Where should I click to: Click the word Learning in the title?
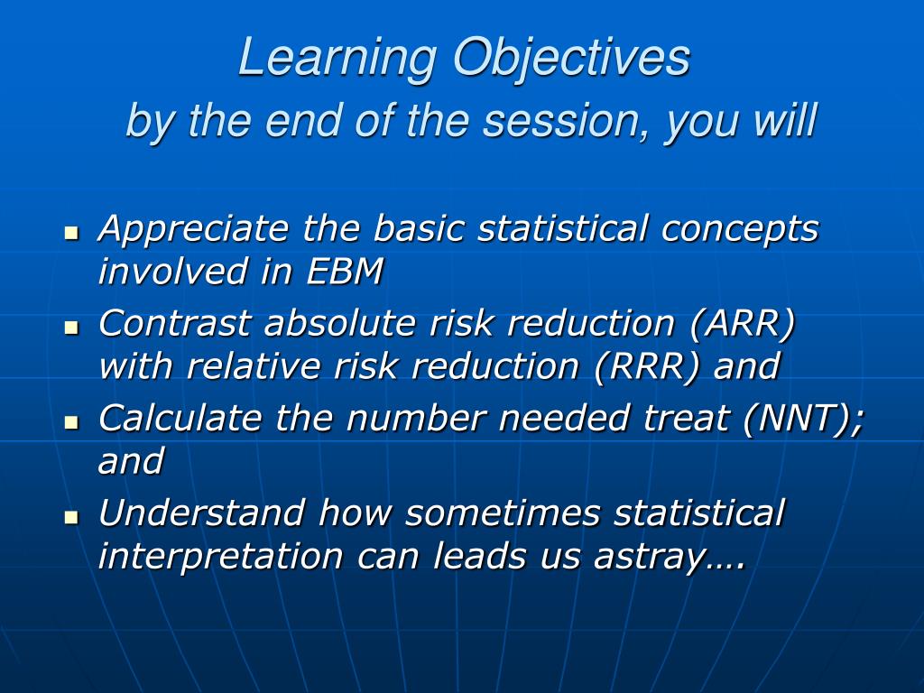[337, 59]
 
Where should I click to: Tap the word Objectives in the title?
[571, 59]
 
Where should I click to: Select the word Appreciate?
[193, 229]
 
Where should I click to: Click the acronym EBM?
[345, 271]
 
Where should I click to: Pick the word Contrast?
[174, 323]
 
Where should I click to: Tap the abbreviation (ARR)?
[743, 324]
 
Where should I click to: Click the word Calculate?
[180, 418]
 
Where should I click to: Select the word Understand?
[201, 513]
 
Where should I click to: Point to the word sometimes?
[503, 513]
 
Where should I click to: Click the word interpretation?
[220, 556]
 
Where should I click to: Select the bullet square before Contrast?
[72, 327]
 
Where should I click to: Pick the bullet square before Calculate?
[72, 422]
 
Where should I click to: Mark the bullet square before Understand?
[72, 517]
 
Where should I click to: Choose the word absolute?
[340, 323]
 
